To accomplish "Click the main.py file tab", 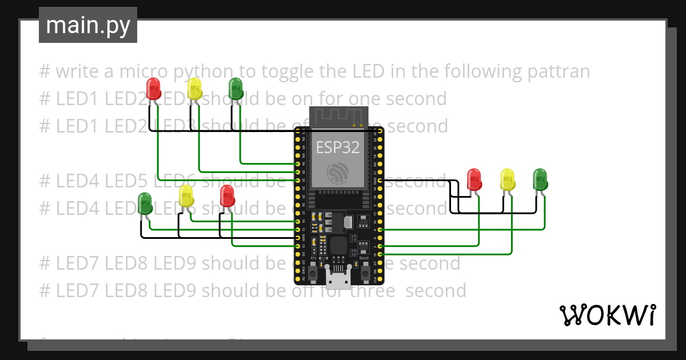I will coord(87,25).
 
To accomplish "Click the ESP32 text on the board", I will coord(338,147).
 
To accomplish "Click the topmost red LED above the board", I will coord(153,89).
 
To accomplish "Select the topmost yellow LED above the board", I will coord(194,89).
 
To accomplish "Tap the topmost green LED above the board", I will coord(236,89).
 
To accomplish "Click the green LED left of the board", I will coord(145,203).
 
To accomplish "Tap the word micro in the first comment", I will coord(129,72).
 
